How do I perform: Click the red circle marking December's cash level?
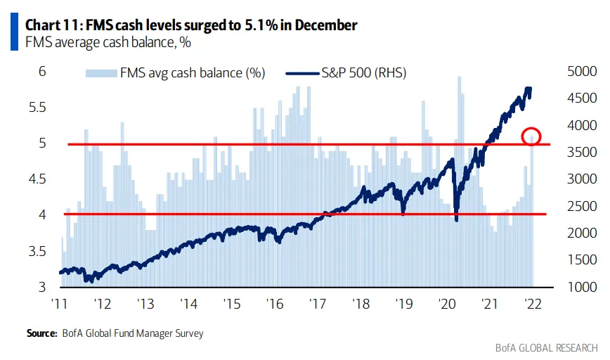[x=531, y=136]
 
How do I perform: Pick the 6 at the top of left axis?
[x=42, y=71]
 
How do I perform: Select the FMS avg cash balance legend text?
[x=192, y=72]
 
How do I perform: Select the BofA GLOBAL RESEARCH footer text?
[x=545, y=347]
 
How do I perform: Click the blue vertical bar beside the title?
[x=14, y=32]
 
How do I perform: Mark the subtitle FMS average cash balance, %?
[x=98, y=42]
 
